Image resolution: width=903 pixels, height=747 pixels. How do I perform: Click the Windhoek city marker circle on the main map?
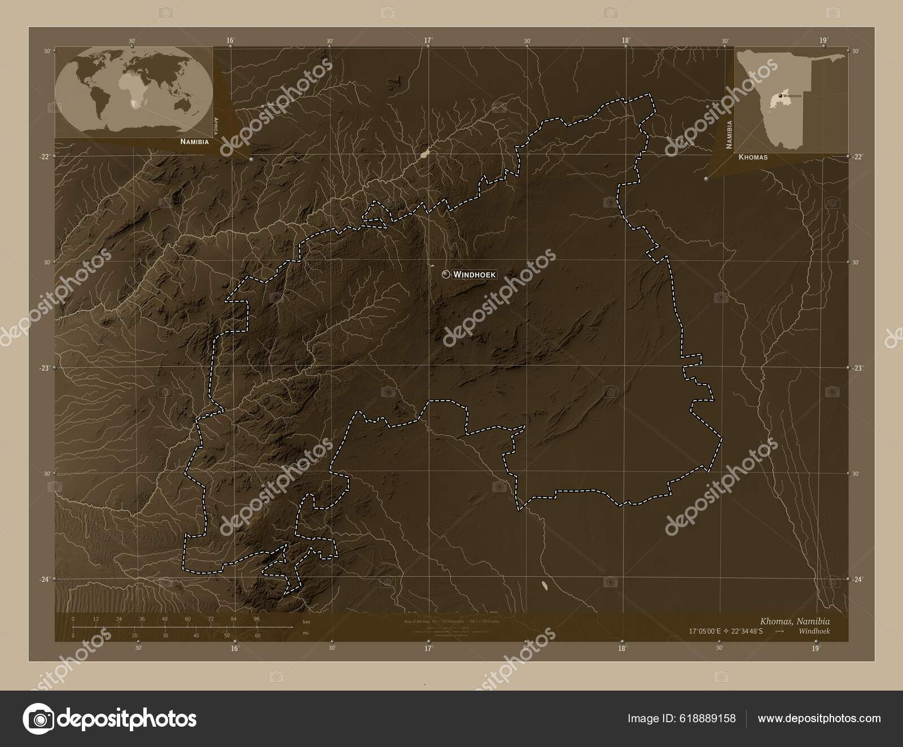446,274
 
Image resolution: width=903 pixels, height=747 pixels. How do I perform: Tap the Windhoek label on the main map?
474,274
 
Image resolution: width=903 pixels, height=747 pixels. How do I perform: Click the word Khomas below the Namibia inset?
753,157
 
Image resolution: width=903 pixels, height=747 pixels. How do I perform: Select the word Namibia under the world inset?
194,142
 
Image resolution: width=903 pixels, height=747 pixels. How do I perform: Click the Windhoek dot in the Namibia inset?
780,96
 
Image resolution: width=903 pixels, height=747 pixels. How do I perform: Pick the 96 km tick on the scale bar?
256,619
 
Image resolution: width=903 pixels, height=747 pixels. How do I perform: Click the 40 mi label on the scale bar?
196,635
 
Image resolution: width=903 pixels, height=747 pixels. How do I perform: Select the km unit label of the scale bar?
306,622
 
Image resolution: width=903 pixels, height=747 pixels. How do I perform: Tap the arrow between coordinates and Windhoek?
779,631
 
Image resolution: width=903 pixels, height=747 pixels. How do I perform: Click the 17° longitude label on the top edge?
428,41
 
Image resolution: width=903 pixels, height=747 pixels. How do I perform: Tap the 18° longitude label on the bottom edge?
622,648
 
